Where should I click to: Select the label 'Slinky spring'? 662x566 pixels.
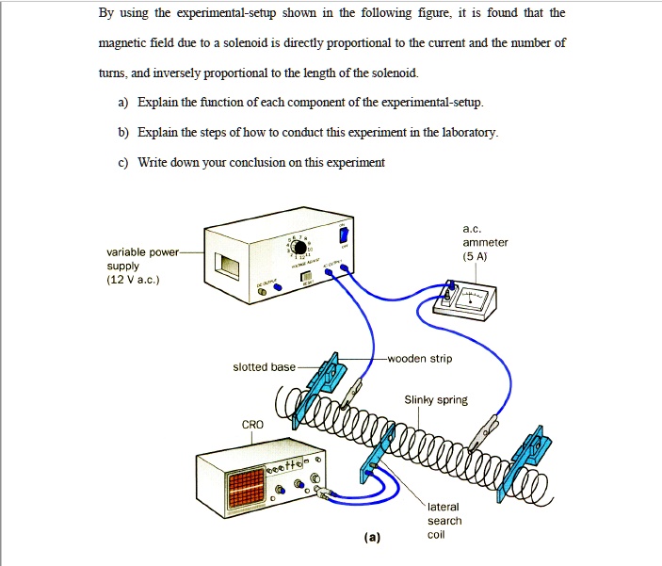[436, 400]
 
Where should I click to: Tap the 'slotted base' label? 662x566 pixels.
[264, 366]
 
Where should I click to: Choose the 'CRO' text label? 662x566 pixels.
[252, 425]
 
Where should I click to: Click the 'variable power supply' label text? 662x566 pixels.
[138, 266]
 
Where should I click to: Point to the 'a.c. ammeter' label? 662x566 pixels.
[485, 242]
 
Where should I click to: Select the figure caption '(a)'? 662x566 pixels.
[374, 538]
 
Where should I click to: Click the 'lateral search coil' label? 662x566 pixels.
[444, 521]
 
